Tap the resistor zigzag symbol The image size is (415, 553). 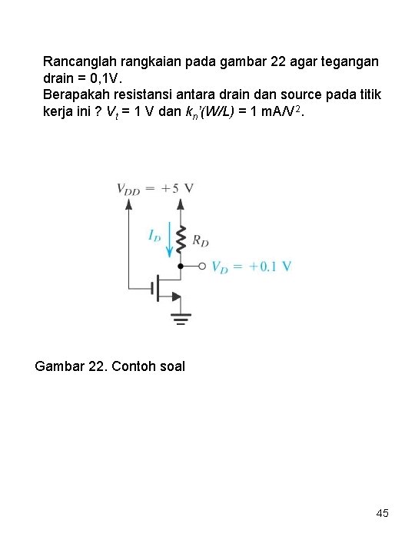pyautogui.click(x=181, y=240)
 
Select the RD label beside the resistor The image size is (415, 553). pyautogui.click(x=200, y=240)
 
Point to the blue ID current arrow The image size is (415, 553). pyautogui.click(x=170, y=240)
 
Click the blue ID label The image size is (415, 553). pyautogui.click(x=154, y=236)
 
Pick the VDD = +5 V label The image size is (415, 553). pyautogui.click(x=154, y=188)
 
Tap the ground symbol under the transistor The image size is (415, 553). pyautogui.click(x=181, y=319)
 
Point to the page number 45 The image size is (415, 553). pyautogui.click(x=382, y=512)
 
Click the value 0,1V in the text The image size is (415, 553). pyautogui.click(x=116, y=77)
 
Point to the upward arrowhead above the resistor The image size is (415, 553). pyautogui.click(x=181, y=204)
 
